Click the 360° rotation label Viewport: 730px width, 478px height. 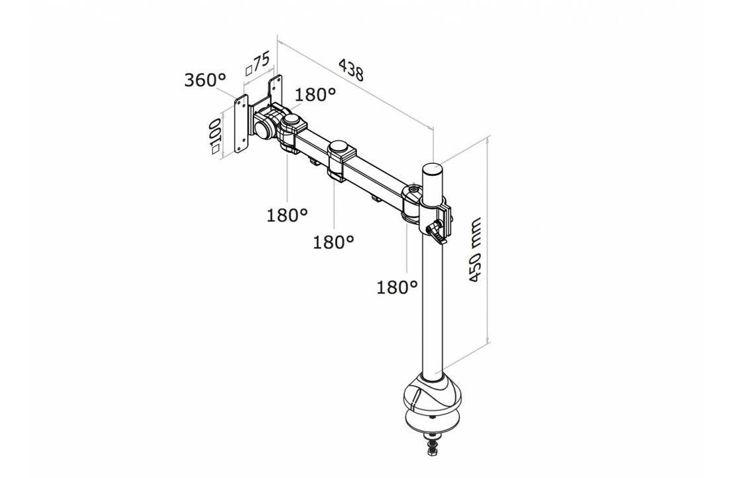click(x=205, y=80)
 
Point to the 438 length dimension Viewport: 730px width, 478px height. click(x=351, y=69)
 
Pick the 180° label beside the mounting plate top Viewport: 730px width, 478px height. click(x=315, y=95)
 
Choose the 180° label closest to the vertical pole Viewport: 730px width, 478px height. click(x=397, y=287)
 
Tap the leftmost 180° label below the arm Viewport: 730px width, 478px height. click(x=287, y=214)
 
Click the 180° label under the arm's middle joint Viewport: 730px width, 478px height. click(x=333, y=242)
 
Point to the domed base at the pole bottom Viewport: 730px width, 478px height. click(x=431, y=394)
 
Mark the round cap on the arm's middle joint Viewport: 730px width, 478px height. click(x=339, y=146)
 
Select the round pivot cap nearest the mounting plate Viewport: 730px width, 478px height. click(x=292, y=121)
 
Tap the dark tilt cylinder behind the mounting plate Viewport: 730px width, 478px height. click(x=263, y=124)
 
